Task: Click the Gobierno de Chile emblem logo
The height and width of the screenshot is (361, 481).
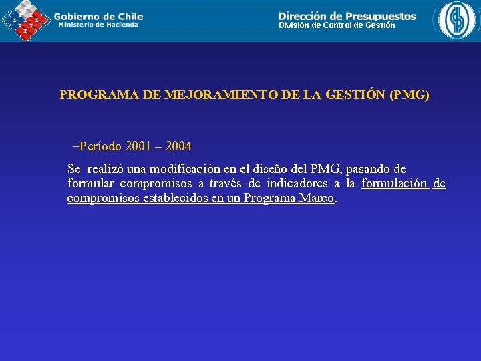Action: pos(25,20)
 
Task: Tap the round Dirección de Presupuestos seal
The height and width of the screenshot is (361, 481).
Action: pos(458,20)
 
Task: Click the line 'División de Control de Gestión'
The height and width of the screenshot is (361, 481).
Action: pos(337,25)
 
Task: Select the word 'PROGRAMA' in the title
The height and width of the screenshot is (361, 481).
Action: pos(100,95)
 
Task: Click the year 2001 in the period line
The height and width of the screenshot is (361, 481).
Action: pos(138,146)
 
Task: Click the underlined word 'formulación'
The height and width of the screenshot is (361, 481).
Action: pos(394,184)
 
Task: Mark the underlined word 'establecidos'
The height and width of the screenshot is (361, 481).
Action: pos(175,199)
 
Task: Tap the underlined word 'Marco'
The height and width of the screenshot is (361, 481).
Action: pos(316,199)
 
